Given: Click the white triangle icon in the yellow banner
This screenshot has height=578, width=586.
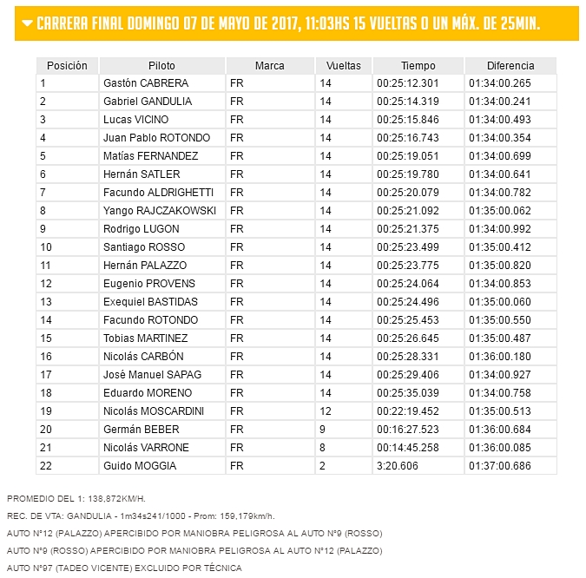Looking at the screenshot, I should coord(29,23).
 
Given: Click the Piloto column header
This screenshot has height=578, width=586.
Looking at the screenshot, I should coord(161,66).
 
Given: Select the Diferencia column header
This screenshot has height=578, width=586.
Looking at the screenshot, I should coord(510,66).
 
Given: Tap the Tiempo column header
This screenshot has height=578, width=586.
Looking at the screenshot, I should coord(418,66).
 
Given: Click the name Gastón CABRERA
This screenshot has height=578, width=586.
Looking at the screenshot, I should coord(145,83).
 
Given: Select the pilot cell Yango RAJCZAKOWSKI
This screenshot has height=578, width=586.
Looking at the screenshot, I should coord(159,211).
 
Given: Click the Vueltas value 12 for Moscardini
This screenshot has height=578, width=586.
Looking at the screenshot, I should coord(326,411).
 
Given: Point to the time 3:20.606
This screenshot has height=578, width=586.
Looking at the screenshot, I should coord(397,466).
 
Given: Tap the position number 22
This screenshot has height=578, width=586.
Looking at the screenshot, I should coord(46,466).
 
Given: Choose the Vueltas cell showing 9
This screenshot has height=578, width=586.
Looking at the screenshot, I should coord(322,430).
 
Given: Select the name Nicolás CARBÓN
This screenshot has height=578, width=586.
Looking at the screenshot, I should coord(144,357).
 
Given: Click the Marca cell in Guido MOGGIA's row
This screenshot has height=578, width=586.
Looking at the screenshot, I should coord(237,466).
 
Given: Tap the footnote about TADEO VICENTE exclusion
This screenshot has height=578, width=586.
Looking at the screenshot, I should coord(124,568).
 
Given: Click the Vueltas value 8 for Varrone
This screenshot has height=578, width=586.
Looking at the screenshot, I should coord(322,448).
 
